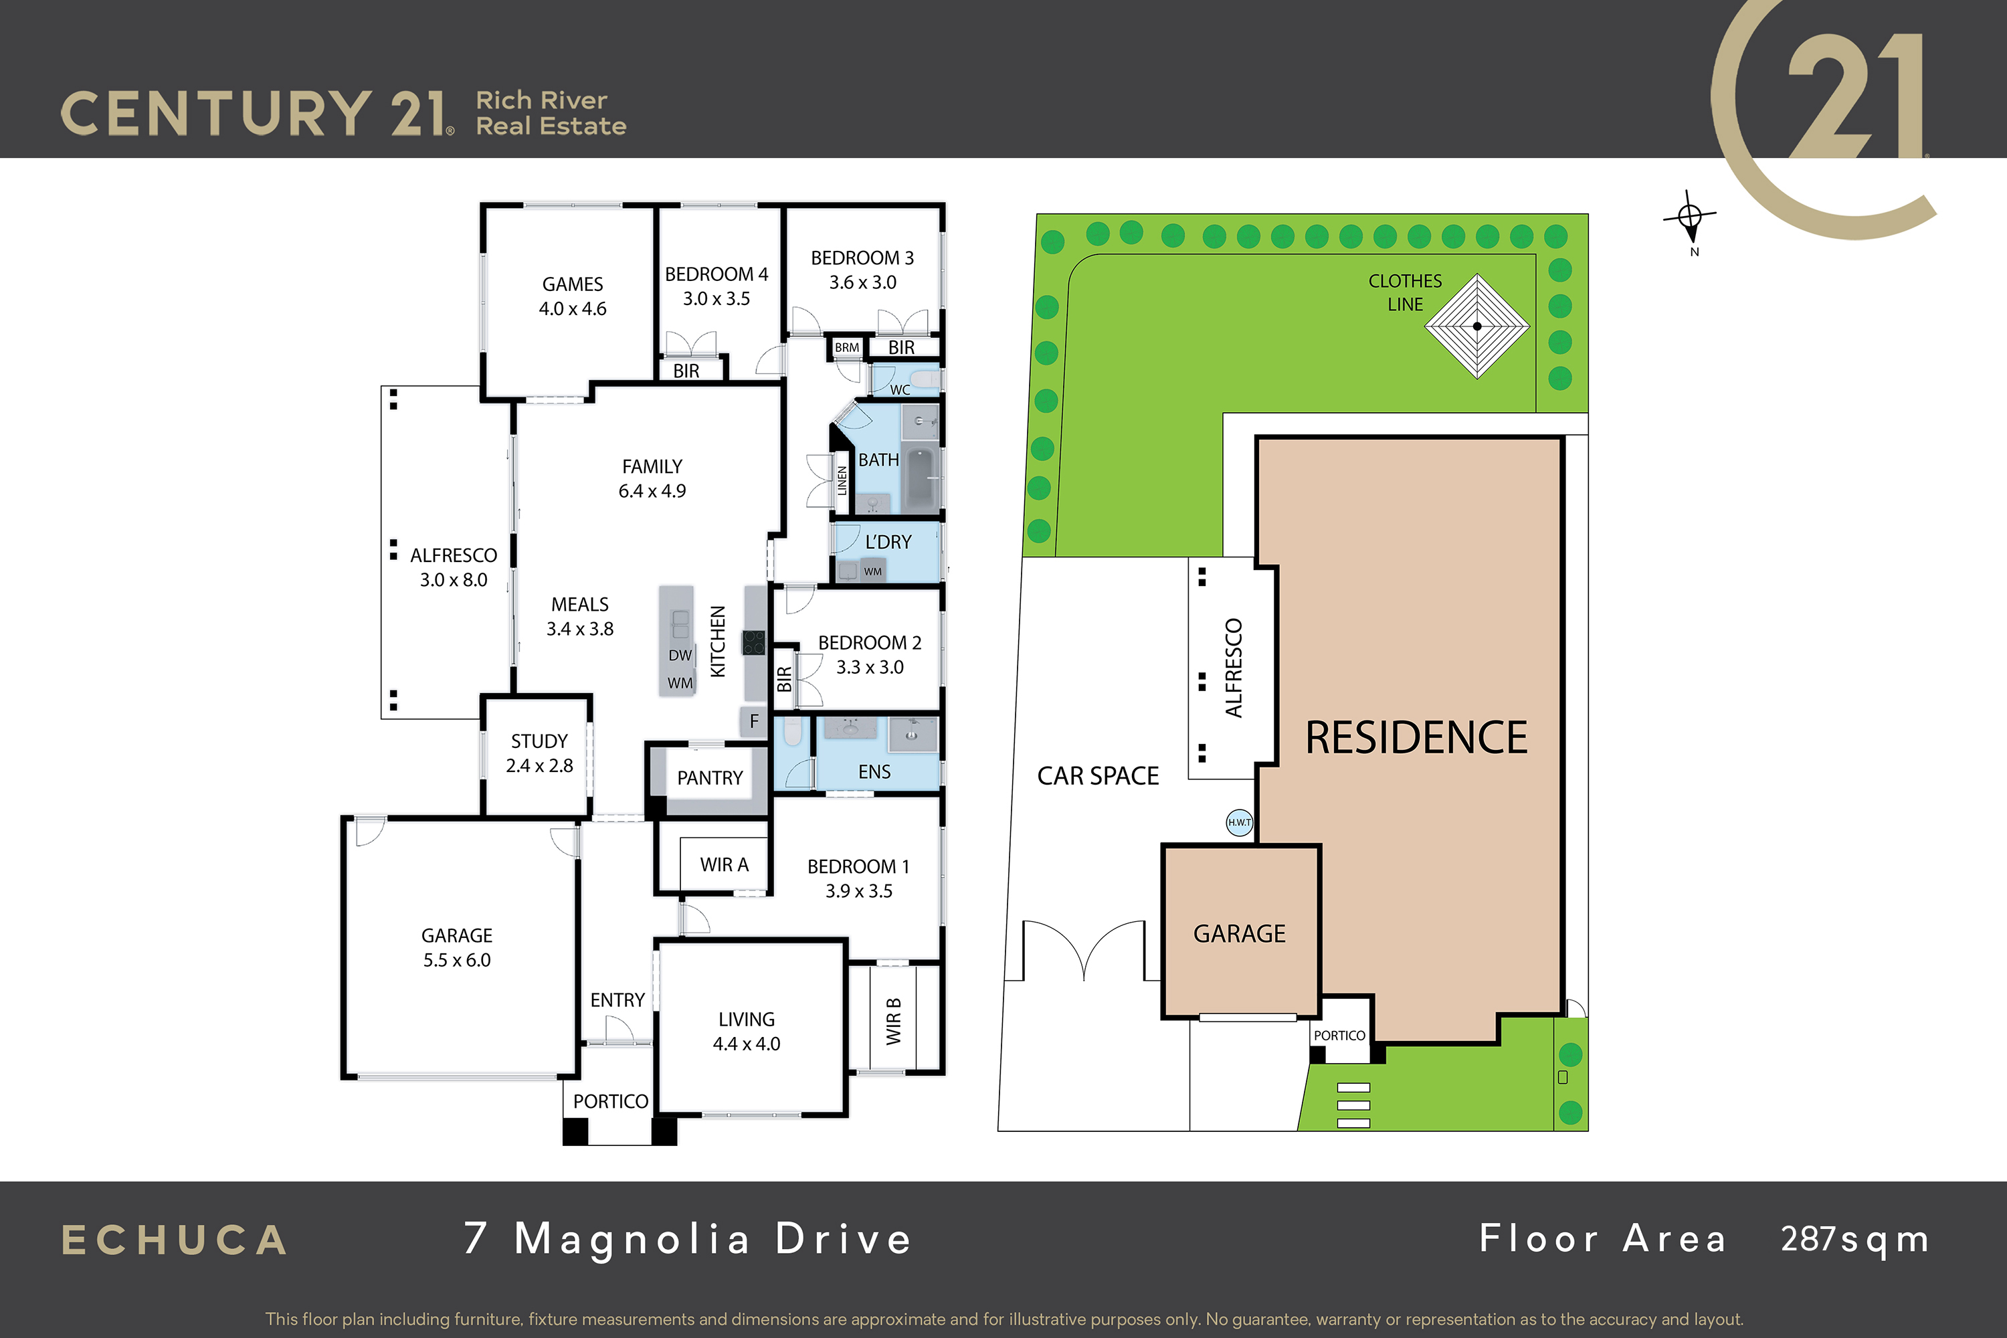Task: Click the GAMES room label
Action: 573,284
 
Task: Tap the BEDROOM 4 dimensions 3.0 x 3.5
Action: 716,298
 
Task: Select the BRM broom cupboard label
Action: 846,347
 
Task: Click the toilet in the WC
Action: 924,378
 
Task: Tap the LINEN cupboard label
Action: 842,480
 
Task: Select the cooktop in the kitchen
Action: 753,642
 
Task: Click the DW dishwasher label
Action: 680,656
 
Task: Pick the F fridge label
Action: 753,721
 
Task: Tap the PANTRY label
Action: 710,778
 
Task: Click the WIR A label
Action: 725,864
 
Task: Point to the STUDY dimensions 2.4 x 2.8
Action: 539,765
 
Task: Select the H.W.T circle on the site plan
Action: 1239,823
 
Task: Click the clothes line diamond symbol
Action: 1477,326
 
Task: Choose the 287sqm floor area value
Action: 1854,1240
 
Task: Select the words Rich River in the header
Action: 542,100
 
